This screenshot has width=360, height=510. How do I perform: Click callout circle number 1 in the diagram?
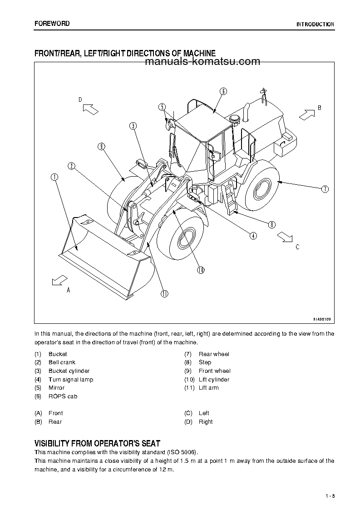54,177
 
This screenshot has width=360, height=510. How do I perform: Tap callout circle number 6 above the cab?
223,91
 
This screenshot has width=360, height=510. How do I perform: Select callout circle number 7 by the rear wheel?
325,189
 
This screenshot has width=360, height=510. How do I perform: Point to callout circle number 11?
164,293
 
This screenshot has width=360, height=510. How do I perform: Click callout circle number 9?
101,146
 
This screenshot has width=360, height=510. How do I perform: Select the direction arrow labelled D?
91,109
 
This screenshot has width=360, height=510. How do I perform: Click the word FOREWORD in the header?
52,24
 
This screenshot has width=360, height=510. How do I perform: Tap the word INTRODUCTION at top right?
315,25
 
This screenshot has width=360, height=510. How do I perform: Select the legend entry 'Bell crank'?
62,362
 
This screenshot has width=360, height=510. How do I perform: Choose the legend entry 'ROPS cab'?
63,396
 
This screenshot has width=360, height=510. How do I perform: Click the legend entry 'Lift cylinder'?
214,380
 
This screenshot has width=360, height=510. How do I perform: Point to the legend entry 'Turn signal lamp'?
70,380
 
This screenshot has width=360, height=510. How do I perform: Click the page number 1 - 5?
330,496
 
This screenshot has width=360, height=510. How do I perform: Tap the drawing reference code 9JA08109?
321,319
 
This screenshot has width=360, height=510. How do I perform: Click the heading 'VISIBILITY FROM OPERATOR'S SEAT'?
97,443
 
